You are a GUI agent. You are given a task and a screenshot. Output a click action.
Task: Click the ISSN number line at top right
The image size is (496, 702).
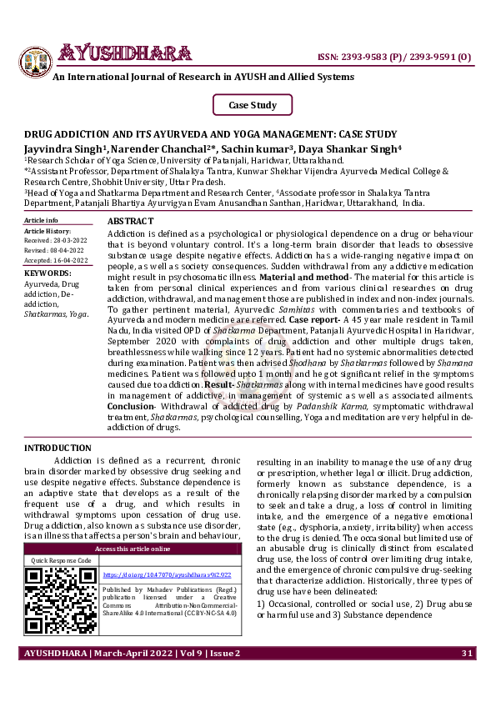[394, 57]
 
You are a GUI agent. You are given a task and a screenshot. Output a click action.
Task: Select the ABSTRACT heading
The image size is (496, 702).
[131, 219]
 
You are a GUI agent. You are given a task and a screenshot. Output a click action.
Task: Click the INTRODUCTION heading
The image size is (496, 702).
[58, 449]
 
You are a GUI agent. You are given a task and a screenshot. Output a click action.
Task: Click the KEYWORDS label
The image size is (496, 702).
[48, 273]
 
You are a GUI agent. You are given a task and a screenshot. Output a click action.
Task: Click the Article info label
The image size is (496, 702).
[42, 220]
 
